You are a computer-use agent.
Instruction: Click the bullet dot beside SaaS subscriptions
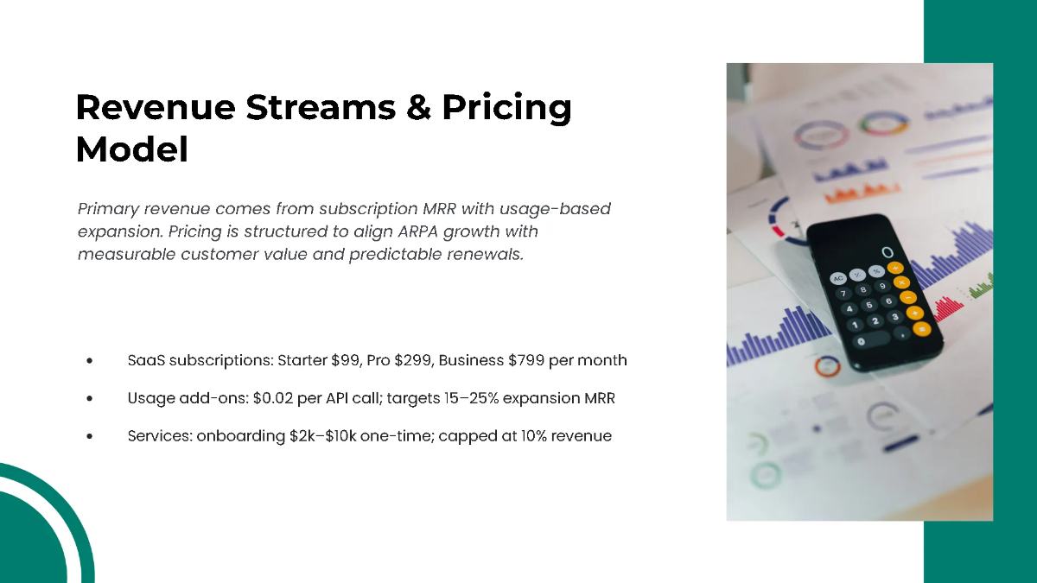pos(90,361)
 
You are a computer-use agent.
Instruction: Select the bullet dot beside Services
pos(90,437)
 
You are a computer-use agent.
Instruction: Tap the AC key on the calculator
pos(837,278)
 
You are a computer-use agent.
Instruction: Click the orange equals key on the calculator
pos(922,329)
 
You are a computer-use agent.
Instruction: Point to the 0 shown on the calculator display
pos(887,252)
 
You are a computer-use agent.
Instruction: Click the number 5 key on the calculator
pos(870,305)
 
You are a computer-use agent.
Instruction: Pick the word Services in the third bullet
pos(158,436)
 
